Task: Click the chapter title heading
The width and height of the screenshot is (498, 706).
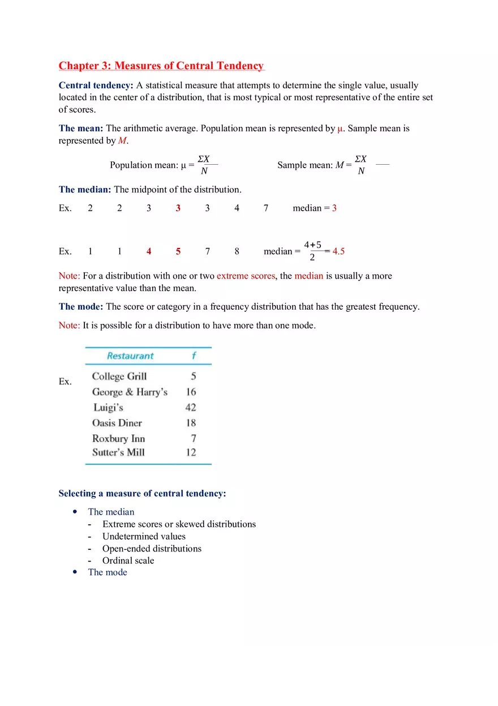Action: [161, 66]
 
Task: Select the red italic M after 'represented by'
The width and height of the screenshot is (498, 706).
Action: [123, 140]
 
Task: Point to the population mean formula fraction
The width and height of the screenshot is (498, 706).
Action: [204, 165]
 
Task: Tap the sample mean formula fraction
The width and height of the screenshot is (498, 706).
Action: [361, 165]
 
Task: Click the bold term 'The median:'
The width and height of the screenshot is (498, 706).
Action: [85, 190]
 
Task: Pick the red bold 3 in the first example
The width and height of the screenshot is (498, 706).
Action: [178, 208]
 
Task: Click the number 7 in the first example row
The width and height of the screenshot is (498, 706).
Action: [266, 208]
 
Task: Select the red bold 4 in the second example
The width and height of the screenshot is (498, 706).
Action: [149, 251]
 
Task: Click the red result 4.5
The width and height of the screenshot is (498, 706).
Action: [338, 251]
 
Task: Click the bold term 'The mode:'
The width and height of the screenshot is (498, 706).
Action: [81, 306]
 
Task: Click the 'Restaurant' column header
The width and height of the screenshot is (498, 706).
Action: [130, 356]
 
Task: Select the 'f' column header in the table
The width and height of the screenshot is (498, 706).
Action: [194, 356]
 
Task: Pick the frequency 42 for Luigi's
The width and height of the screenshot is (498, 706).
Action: [191, 408]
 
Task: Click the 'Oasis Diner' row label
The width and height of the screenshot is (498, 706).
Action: [117, 423]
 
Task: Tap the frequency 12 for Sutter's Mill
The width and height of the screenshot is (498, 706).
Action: [191, 452]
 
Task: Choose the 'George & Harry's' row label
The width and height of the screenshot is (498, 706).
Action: [130, 392]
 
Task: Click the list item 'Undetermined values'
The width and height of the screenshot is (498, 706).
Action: [144, 536]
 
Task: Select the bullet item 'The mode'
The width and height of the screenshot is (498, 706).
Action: [108, 572]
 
